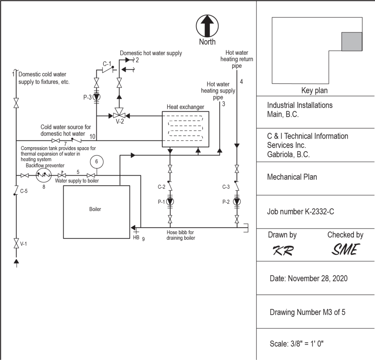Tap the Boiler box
coord(96,212)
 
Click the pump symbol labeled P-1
coord(170,202)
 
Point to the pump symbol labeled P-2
coord(237,202)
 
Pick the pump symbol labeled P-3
coord(96,97)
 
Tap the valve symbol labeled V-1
coord(16,243)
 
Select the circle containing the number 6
coord(96,161)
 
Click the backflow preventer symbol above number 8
coord(44,176)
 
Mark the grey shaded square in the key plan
coord(352,41)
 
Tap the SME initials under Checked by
coord(345,250)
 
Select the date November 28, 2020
coord(308,278)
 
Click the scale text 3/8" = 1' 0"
coord(297,344)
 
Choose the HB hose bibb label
coord(136,237)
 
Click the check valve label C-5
coord(24,191)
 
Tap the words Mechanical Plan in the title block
coord(292,177)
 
